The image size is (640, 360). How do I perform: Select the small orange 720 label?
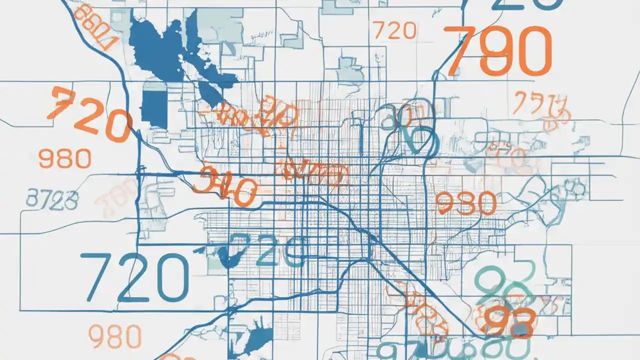(394, 31)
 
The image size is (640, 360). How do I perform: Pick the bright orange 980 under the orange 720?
(64, 159)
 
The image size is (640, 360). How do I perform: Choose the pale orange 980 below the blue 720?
(114, 336)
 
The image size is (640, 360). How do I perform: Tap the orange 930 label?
(466, 203)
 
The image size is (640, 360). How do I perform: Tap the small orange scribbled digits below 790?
(541, 107)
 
